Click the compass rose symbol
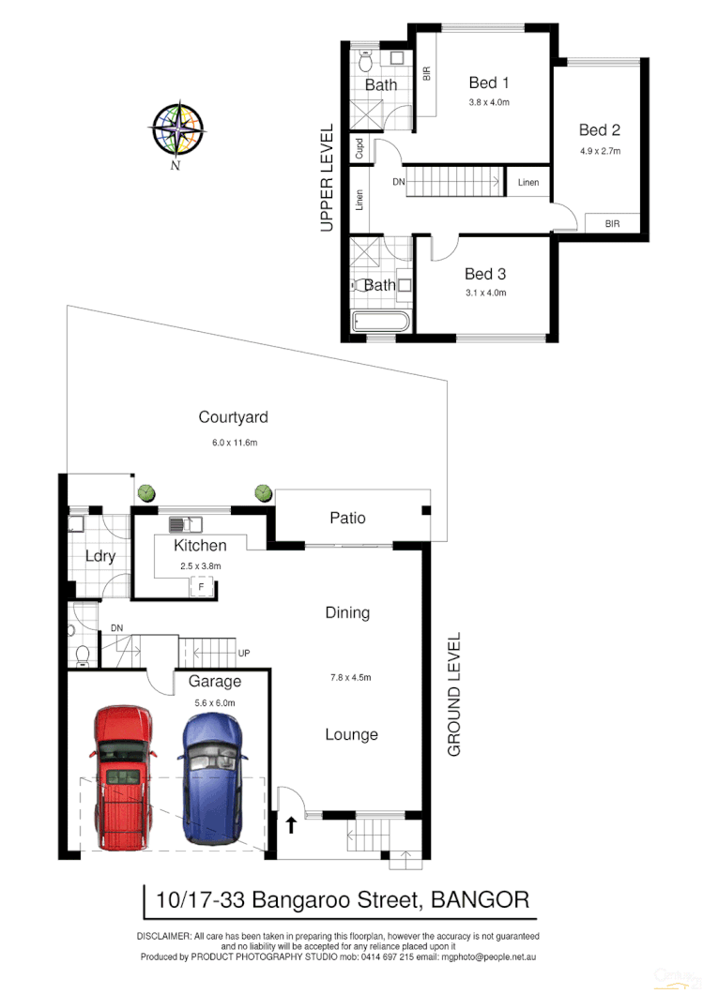177,128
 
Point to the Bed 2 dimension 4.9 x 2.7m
600,150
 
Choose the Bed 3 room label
485,274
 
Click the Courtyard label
233,417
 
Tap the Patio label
346,518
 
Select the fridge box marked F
200,588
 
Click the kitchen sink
185,524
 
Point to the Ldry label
99,556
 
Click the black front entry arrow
291,825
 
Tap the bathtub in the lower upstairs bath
380,324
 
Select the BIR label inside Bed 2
612,224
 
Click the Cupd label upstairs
359,148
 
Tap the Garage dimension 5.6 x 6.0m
214,702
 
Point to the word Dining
347,612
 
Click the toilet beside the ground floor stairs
82,652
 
